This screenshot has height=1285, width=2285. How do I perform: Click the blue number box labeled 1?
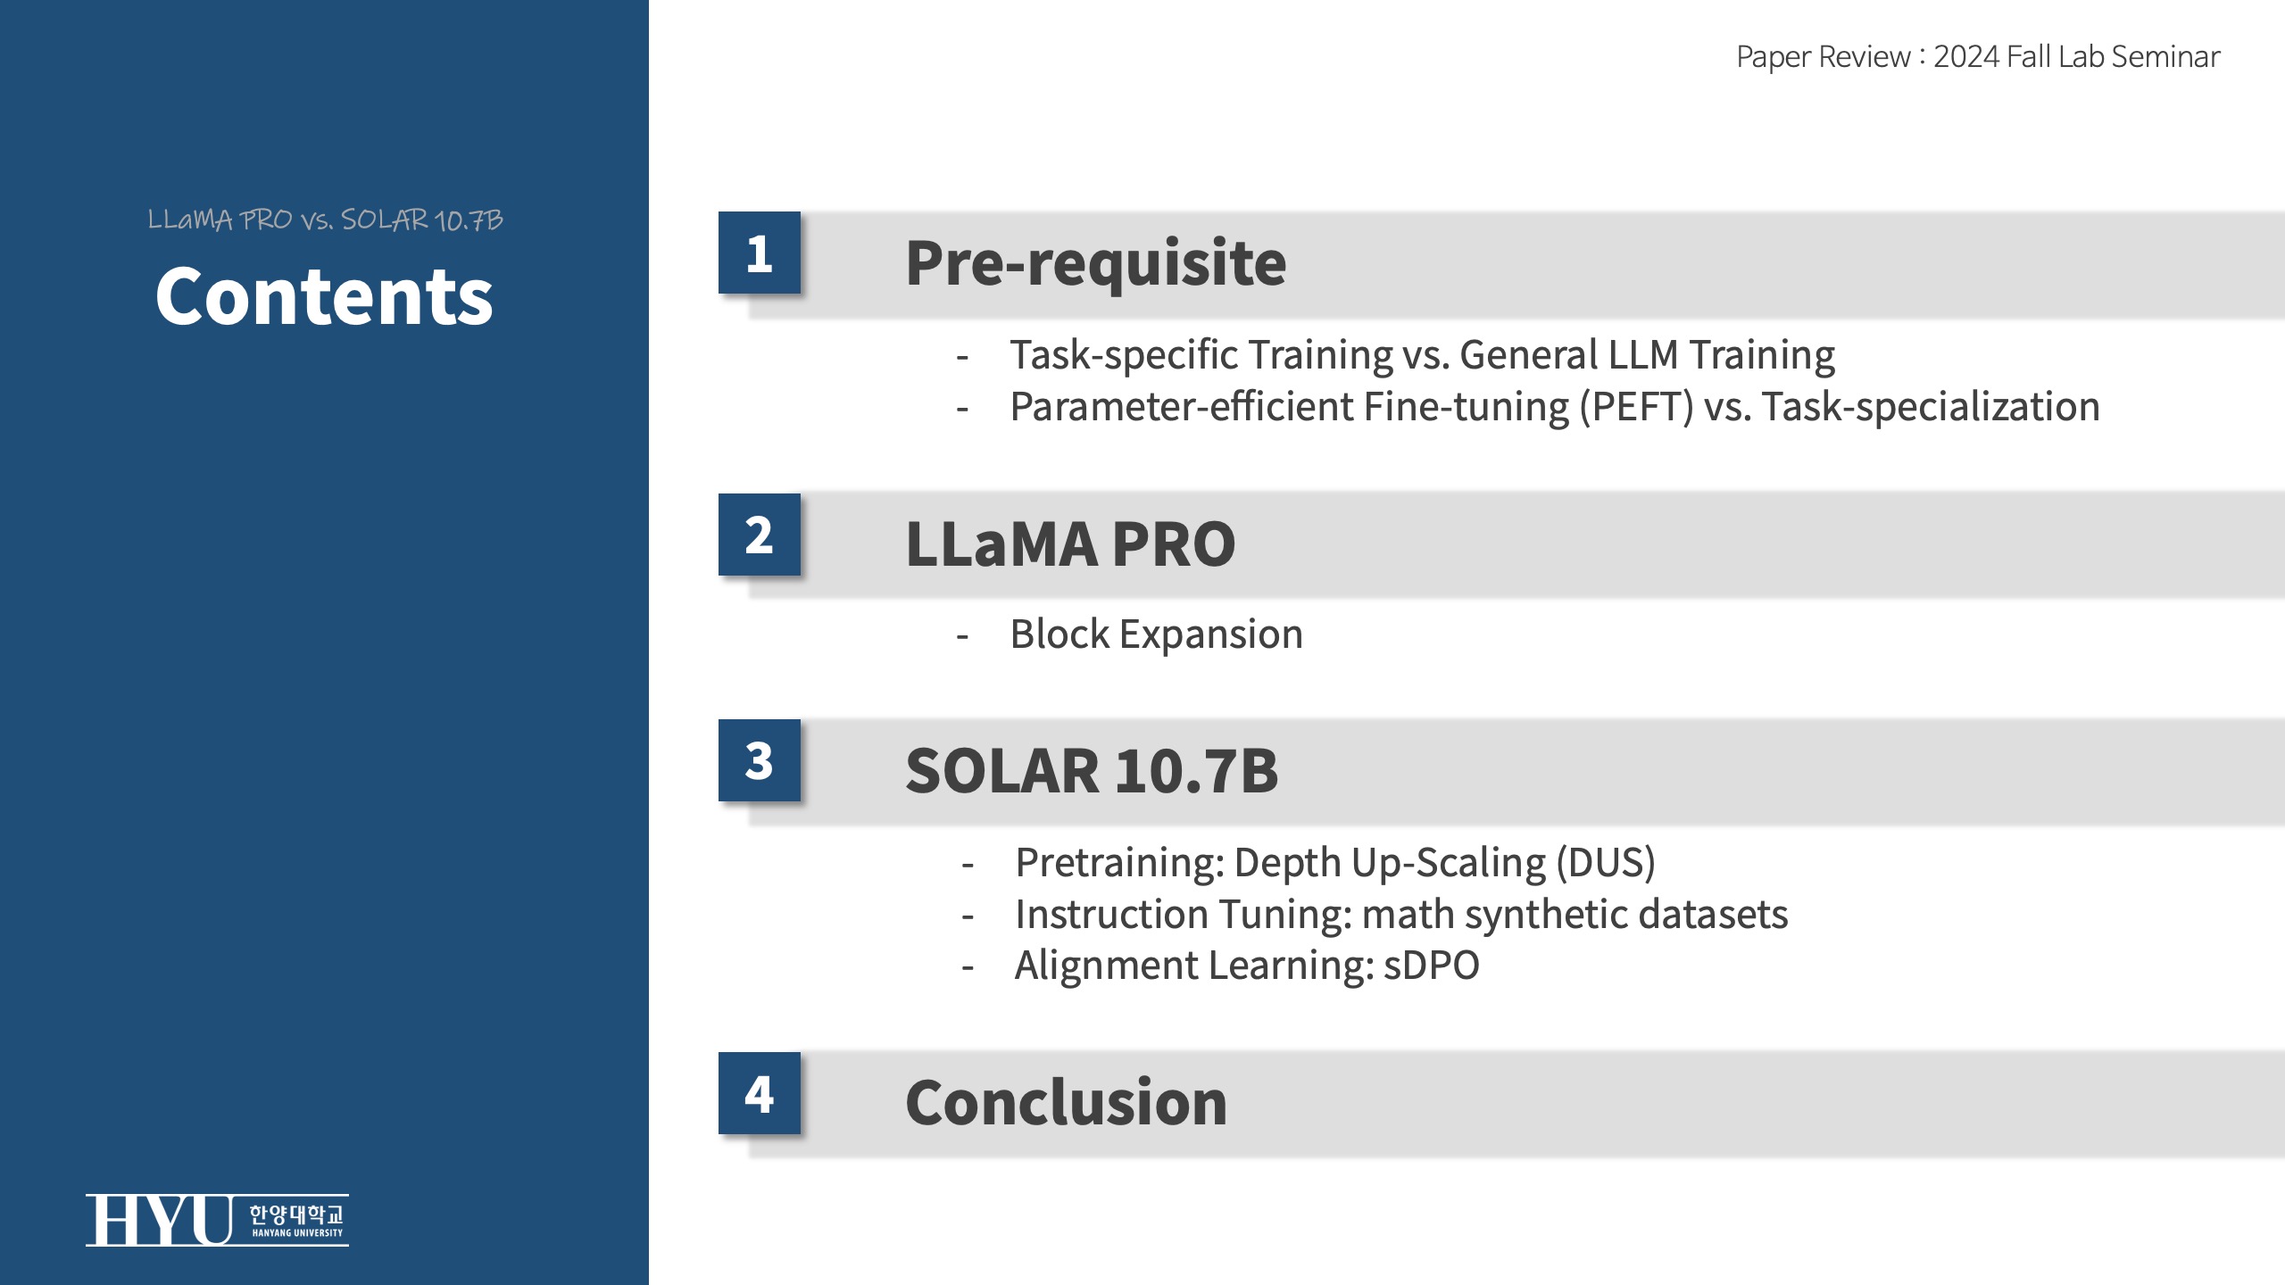[x=760, y=253]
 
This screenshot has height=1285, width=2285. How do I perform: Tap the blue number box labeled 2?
[x=760, y=535]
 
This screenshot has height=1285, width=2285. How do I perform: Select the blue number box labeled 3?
[x=760, y=760]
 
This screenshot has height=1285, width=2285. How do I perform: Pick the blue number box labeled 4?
[x=760, y=1093]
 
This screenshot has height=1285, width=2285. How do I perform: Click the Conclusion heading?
[x=1067, y=1102]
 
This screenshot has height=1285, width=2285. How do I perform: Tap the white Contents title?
[x=324, y=296]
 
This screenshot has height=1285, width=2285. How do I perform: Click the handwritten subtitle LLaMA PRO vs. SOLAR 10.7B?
[x=326, y=220]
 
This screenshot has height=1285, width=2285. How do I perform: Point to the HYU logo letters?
[x=160, y=1220]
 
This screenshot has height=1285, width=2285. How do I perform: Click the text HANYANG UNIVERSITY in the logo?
[x=297, y=1233]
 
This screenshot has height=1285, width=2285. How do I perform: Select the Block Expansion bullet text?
[x=1157, y=634]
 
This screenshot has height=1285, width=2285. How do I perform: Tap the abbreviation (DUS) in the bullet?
[x=1606, y=863]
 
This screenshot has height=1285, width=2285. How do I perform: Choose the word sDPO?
[x=1432, y=966]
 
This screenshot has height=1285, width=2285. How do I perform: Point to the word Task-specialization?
[x=1931, y=407]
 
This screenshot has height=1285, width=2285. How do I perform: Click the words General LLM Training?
[x=1648, y=355]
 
